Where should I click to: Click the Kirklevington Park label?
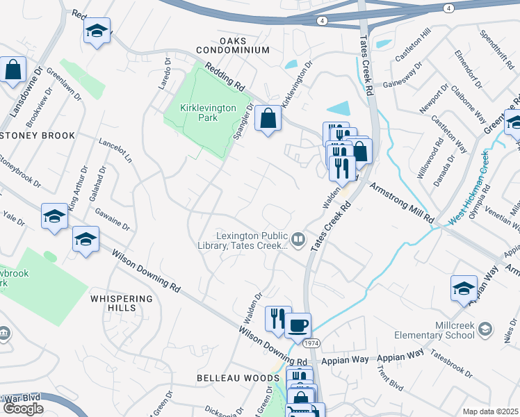coord(199,113)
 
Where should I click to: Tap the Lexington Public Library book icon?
coord(298,240)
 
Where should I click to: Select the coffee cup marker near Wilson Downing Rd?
coord(298,325)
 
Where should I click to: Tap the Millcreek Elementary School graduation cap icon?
coord(485,329)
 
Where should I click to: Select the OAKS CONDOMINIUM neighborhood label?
coord(232,46)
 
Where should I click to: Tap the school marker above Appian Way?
coord(464,288)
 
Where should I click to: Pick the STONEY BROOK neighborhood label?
coord(38,135)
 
